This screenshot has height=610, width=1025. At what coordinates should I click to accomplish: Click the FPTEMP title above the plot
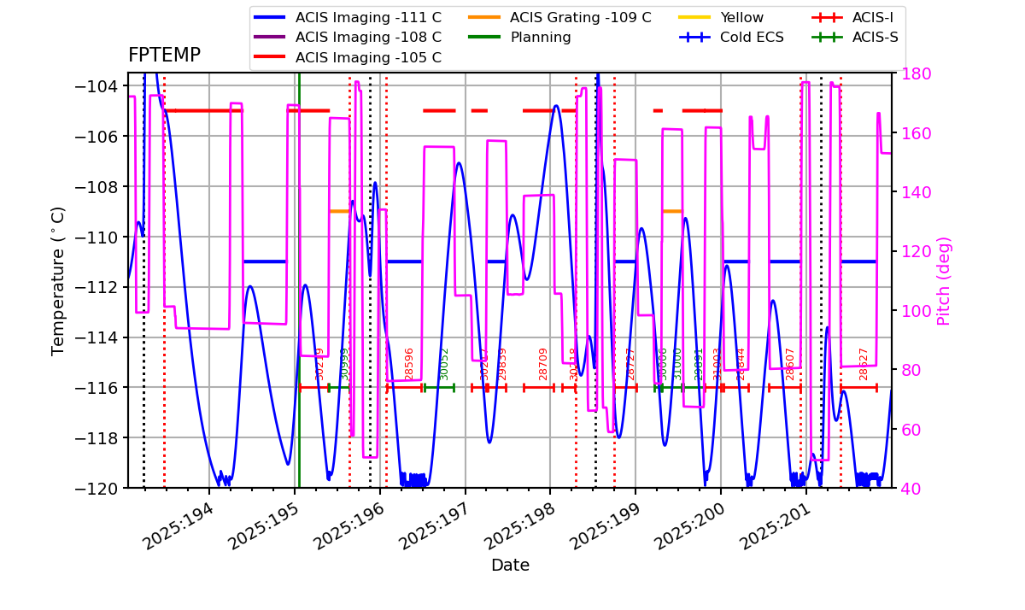pyautogui.click(x=164, y=56)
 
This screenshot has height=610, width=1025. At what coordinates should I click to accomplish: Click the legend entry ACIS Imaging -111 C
pyautogui.click(x=368, y=17)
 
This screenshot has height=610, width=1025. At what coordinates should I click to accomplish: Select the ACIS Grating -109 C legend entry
pyautogui.click(x=580, y=17)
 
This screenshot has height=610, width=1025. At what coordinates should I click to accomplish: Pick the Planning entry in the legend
pyautogui.click(x=541, y=38)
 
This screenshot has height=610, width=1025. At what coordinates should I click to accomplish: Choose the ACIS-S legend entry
pyautogui.click(x=875, y=38)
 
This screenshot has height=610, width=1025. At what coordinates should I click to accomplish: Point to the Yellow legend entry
pyautogui.click(x=741, y=17)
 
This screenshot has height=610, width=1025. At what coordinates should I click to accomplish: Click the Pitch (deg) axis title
pyautogui.click(x=944, y=280)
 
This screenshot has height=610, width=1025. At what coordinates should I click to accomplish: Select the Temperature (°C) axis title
pyautogui.click(x=58, y=280)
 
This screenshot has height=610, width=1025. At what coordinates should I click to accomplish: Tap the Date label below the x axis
pyautogui.click(x=510, y=566)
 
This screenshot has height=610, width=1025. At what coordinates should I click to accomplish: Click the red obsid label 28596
pyautogui.click(x=409, y=363)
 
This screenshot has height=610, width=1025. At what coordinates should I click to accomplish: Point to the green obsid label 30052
pyautogui.click(x=444, y=363)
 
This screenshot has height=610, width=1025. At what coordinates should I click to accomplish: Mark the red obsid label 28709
pyautogui.click(x=543, y=363)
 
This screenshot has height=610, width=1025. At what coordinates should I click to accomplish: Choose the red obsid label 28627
pyautogui.click(x=864, y=363)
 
